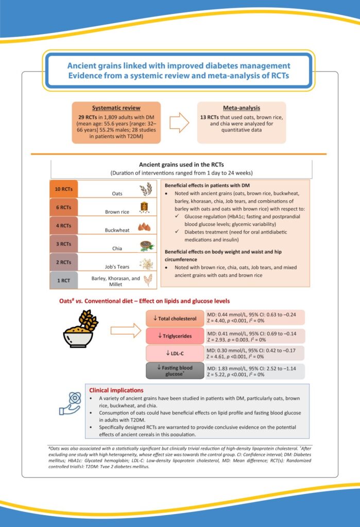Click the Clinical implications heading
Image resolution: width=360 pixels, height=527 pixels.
[116, 390]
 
